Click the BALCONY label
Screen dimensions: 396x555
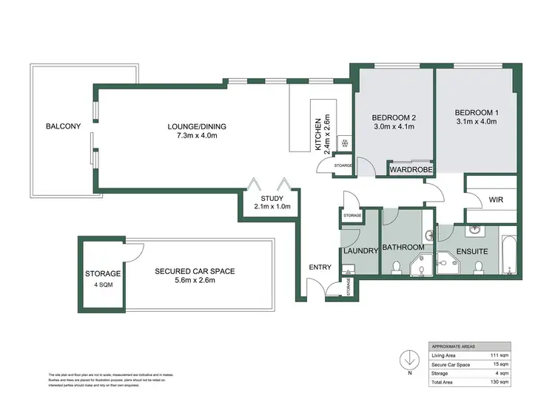(63, 126)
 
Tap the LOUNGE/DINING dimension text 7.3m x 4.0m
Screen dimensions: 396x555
(196, 136)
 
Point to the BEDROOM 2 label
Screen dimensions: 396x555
(393, 117)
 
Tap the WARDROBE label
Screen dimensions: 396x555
(411, 169)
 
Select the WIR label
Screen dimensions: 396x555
(497, 199)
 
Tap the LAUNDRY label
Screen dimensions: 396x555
(361, 250)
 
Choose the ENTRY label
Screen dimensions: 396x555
(321, 267)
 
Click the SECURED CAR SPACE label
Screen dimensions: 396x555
(195, 271)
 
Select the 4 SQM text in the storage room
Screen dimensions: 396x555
(102, 284)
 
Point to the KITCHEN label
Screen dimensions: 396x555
(318, 133)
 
